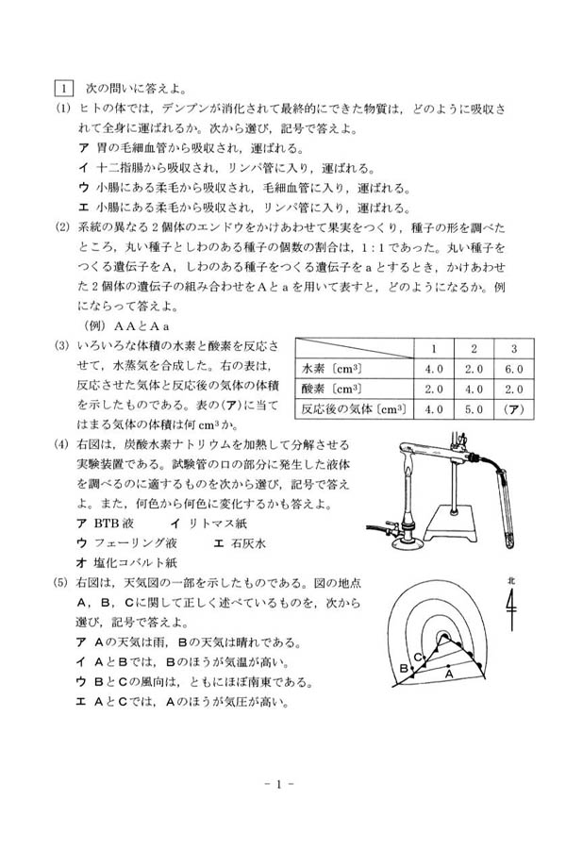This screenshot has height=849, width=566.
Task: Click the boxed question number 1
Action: pyautogui.click(x=63, y=88)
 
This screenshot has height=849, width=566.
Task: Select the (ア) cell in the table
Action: pyautogui.click(x=514, y=409)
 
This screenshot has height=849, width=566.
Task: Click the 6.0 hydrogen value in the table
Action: pyautogui.click(x=514, y=369)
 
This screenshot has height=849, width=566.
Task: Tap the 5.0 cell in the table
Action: pyautogui.click(x=474, y=409)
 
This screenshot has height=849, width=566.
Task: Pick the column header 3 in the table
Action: pyautogui.click(x=514, y=349)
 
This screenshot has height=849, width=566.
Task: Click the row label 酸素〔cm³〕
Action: pyautogui.click(x=331, y=390)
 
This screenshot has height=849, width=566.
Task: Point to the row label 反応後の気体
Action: pyautogui.click(x=337, y=409)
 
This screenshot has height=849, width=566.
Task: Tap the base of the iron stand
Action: pyautogui.click(x=451, y=526)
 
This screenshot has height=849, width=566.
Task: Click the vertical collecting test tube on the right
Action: pyautogui.click(x=506, y=507)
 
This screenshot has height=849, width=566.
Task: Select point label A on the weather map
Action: pyautogui.click(x=448, y=674)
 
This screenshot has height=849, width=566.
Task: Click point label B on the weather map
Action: pyautogui.click(x=403, y=668)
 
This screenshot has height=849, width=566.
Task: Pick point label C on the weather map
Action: pyautogui.click(x=418, y=658)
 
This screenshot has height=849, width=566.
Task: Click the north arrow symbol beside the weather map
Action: pyautogui.click(x=511, y=606)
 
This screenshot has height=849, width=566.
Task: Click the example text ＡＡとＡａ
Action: pyautogui.click(x=141, y=326)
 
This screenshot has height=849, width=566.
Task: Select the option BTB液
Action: pyautogui.click(x=113, y=523)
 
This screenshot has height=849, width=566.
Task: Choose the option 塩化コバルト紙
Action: pyautogui.click(x=136, y=562)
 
